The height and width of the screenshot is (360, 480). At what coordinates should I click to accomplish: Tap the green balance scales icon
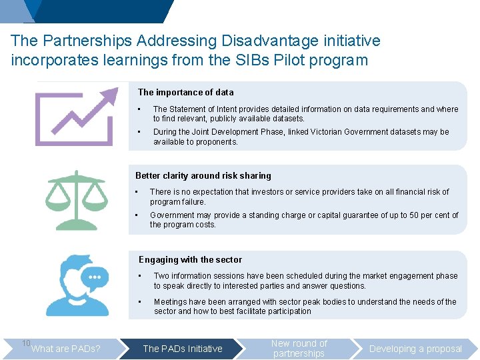tap(77, 199)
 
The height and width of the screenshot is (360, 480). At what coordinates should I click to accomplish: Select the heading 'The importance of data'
tap(185, 93)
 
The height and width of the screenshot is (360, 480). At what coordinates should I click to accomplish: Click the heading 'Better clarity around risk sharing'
tap(203, 176)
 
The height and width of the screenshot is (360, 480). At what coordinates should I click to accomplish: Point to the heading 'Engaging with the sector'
tap(190, 260)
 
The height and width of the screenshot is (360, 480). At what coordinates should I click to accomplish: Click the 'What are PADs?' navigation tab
tap(66, 349)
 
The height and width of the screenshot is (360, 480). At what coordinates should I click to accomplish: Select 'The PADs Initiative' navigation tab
tap(183, 349)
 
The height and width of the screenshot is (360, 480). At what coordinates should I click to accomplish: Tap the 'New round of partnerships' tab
tap(299, 349)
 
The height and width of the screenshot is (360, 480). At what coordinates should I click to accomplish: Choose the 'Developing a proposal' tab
tap(415, 349)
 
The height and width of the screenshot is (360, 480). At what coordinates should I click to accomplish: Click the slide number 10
tap(26, 343)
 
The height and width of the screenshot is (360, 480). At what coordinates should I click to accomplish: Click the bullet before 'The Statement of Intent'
tap(139, 109)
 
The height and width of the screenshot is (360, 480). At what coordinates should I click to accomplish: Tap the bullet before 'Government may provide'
tap(137, 215)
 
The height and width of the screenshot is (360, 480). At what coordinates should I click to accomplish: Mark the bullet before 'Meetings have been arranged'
tap(140, 302)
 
